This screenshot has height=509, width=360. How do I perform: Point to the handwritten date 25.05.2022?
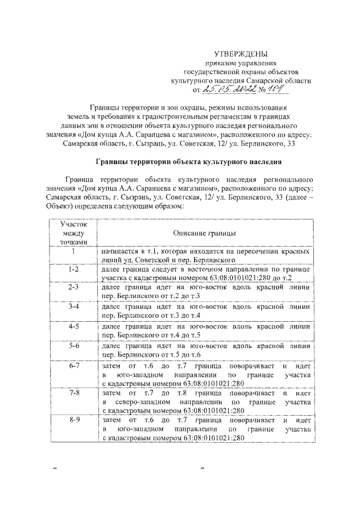(226, 88)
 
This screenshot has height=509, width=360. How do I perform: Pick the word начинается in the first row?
(120, 251)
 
